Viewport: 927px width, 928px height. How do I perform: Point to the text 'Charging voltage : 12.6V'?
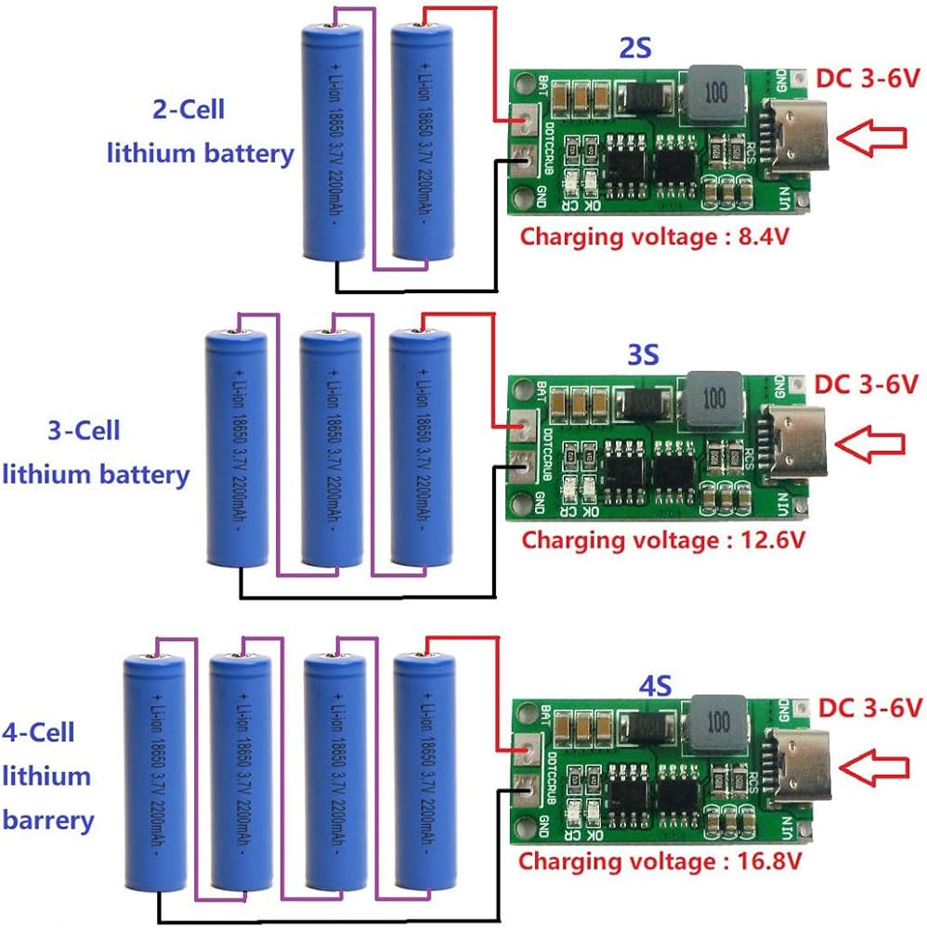coord(662,539)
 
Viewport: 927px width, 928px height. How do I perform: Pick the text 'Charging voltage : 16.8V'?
coord(659,860)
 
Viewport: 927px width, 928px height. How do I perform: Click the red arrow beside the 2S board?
coord(870,137)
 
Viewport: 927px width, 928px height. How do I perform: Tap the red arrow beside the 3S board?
coord(870,443)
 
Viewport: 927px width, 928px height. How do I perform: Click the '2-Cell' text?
coord(189,110)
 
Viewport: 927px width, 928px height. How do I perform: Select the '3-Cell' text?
coord(84,432)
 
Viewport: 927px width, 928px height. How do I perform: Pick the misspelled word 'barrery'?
coord(49,819)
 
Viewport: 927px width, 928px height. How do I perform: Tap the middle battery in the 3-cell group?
coord(330,447)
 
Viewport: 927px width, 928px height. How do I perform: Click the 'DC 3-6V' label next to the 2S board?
coord(866,80)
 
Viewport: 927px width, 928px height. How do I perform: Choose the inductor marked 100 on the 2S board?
coord(714,93)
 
